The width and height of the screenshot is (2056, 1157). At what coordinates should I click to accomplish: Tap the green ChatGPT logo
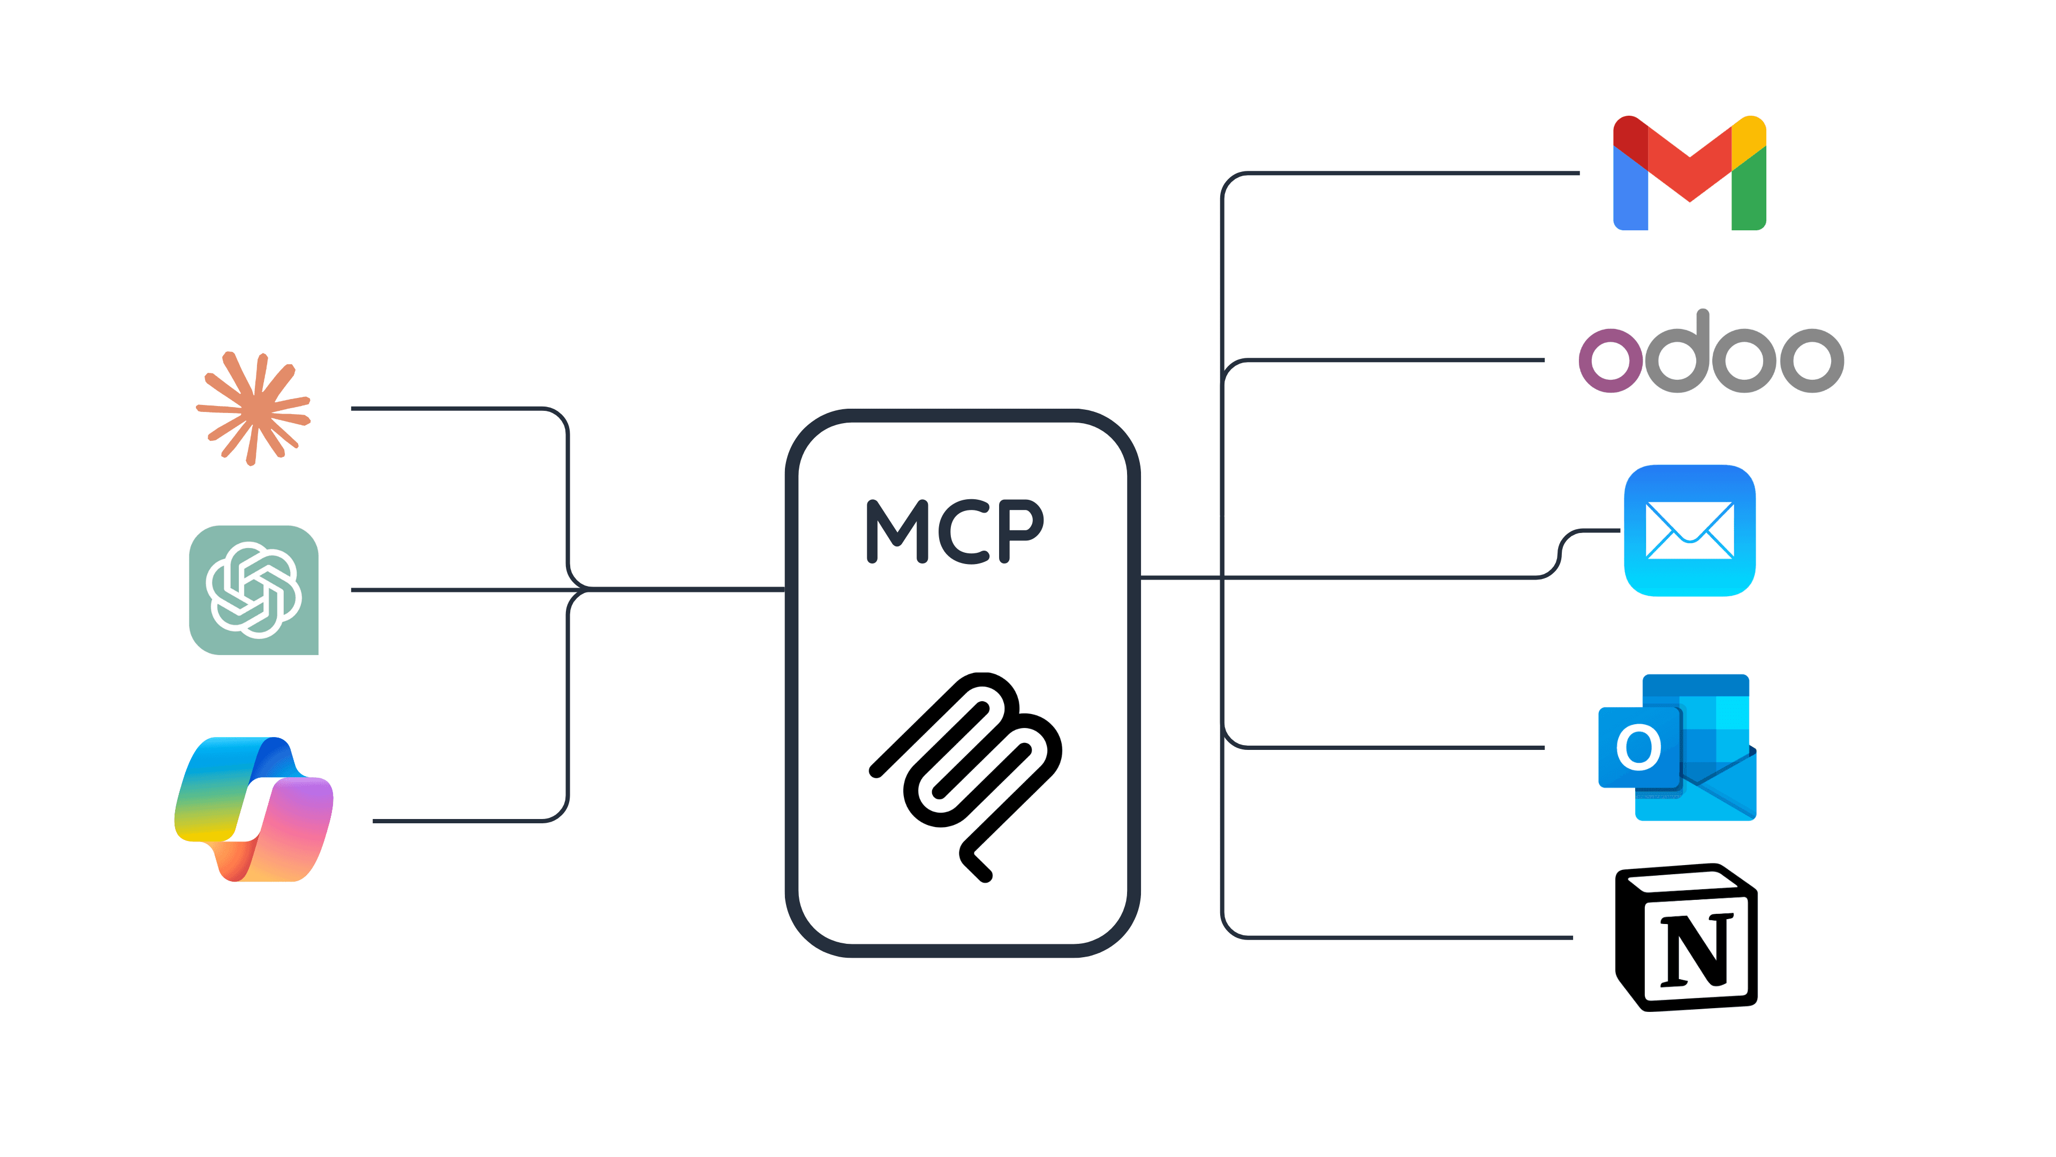254,590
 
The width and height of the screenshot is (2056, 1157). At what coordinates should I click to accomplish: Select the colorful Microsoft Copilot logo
254,809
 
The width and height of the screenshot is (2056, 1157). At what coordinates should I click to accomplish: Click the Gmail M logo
1690,173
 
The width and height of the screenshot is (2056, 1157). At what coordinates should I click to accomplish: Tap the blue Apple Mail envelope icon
1690,530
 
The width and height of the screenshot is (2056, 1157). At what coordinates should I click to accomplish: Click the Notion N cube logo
1687,937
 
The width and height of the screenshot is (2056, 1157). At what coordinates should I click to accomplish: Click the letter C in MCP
963,532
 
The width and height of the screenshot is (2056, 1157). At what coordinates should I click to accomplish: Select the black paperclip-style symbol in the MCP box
966,775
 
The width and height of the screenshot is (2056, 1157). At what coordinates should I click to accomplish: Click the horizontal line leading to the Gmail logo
1405,173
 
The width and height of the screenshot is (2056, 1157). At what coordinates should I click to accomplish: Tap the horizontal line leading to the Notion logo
1405,937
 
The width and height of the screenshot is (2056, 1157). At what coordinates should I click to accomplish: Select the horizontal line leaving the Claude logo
447,409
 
